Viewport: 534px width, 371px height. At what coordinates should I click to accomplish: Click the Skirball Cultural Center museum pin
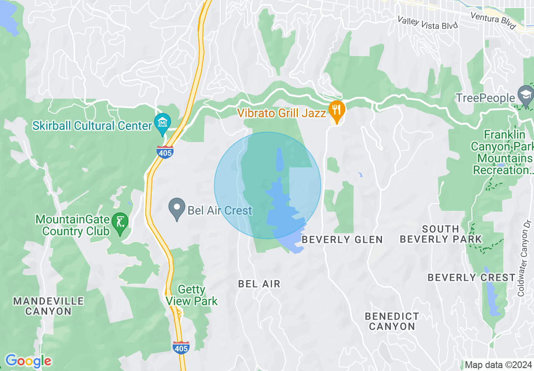162,123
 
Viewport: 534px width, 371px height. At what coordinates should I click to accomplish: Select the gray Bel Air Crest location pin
177,208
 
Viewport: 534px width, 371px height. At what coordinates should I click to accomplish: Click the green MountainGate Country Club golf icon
120,221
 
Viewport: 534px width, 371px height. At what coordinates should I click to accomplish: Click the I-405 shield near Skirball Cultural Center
165,152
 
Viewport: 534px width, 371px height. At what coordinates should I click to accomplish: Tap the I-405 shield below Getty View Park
181,347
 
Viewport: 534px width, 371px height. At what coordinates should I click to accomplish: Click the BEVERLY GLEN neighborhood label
342,239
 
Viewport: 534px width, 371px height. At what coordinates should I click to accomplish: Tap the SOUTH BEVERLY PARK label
441,234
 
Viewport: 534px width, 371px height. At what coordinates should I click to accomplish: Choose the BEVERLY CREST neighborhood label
472,277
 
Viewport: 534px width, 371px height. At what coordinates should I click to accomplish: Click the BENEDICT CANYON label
392,321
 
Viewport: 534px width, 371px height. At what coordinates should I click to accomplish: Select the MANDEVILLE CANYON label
48,306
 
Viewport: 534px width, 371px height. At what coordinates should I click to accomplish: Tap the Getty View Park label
192,295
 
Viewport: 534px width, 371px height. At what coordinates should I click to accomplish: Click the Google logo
28,361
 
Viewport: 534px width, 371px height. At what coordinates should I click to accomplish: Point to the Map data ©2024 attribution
497,365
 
